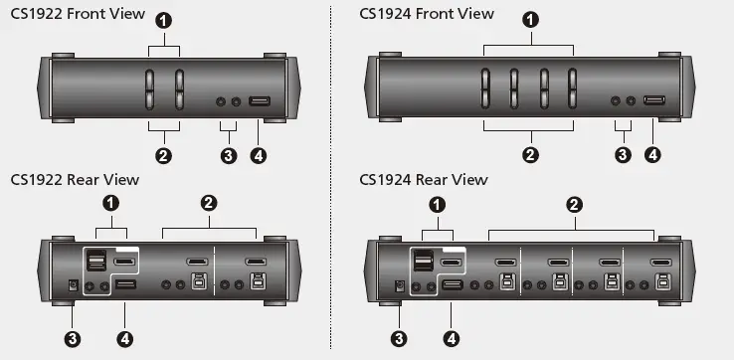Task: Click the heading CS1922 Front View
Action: click(77, 14)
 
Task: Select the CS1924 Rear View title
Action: click(424, 179)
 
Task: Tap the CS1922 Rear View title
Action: click(75, 179)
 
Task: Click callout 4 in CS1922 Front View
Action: click(260, 155)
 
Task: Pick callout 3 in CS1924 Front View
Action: click(624, 154)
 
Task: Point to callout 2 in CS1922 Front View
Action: click(164, 154)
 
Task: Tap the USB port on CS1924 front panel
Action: click(654, 101)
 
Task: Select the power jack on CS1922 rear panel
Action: click(70, 286)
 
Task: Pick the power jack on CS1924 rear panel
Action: click(400, 286)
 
